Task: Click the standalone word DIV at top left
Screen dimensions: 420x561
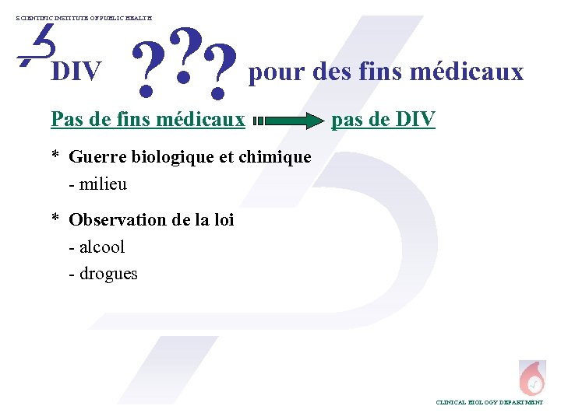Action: click(x=76, y=72)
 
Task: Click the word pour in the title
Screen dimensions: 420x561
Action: click(x=277, y=73)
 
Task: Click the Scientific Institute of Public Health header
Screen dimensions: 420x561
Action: click(x=85, y=16)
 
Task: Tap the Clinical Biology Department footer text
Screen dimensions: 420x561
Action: click(x=489, y=402)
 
